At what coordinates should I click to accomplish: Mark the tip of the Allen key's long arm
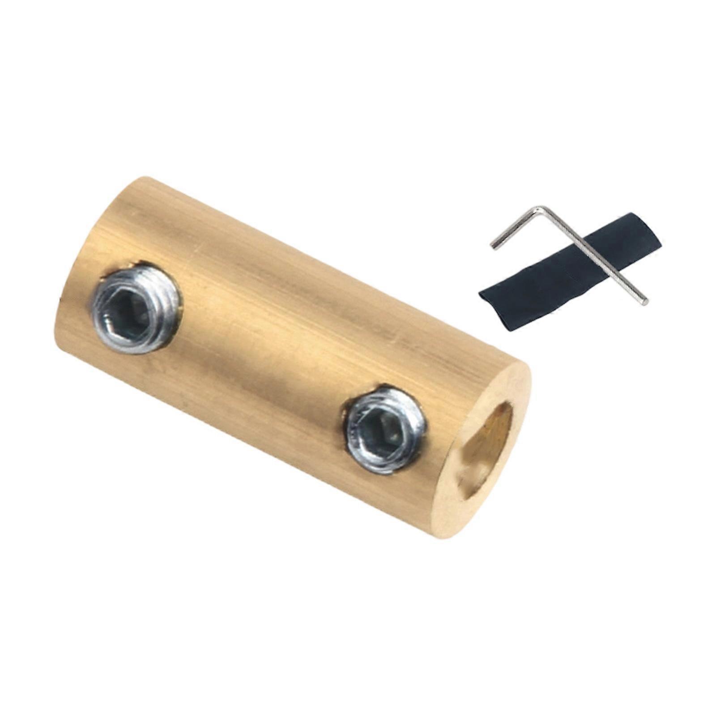click(x=646, y=303)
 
